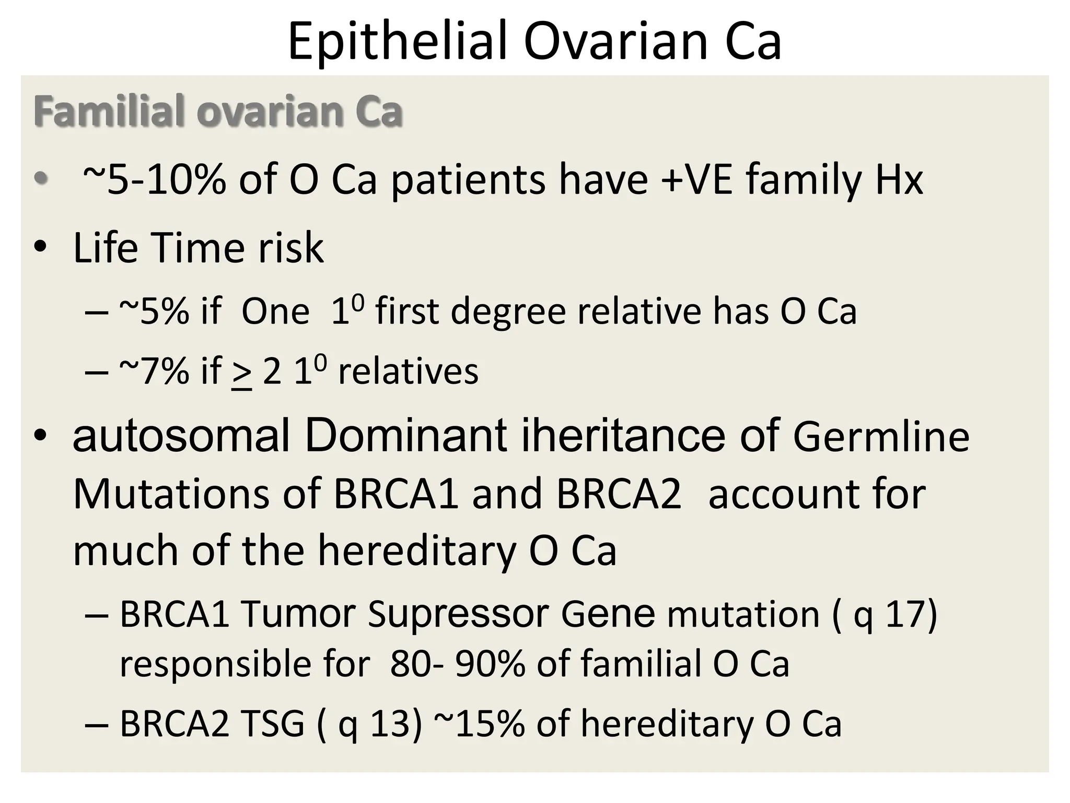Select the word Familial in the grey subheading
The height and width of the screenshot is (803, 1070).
point(108,111)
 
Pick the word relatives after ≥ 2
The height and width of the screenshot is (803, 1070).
point(408,372)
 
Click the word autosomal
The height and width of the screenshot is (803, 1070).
point(181,435)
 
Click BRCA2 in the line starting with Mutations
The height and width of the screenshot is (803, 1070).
point(619,494)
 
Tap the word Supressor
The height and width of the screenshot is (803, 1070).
point(458,614)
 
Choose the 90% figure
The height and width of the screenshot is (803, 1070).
point(490,663)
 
